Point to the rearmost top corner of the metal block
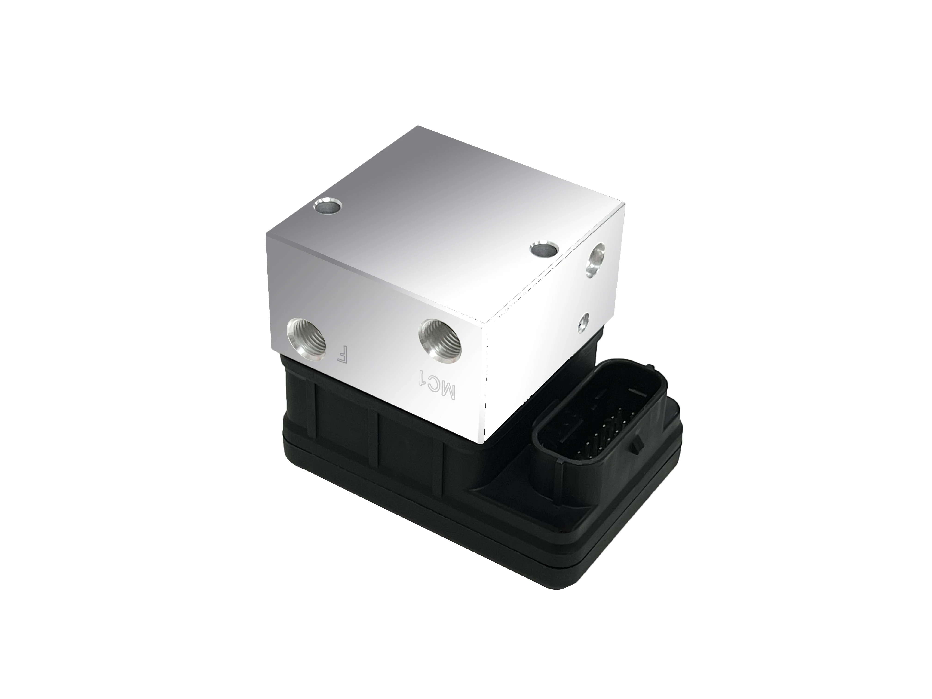coord(417,126)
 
